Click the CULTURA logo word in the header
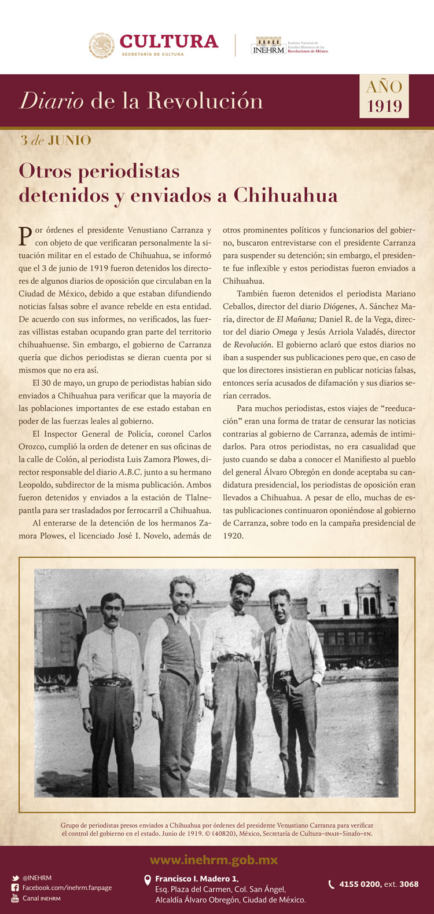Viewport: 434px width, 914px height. coord(168,42)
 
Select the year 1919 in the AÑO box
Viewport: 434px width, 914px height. coord(384,107)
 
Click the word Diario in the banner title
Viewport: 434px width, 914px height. coord(52,101)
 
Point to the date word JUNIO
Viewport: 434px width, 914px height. coord(69,140)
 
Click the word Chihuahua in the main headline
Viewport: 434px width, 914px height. coord(285,195)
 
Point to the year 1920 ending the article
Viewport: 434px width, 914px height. coord(233,536)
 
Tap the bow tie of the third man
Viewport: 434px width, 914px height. coord(238,612)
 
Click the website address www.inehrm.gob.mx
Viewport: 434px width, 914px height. coord(214,860)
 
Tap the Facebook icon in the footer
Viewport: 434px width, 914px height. coord(16,888)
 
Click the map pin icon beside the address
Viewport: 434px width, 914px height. coord(148,880)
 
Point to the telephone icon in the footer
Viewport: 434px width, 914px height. coord(332,884)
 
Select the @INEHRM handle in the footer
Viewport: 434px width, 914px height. coord(37,878)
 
